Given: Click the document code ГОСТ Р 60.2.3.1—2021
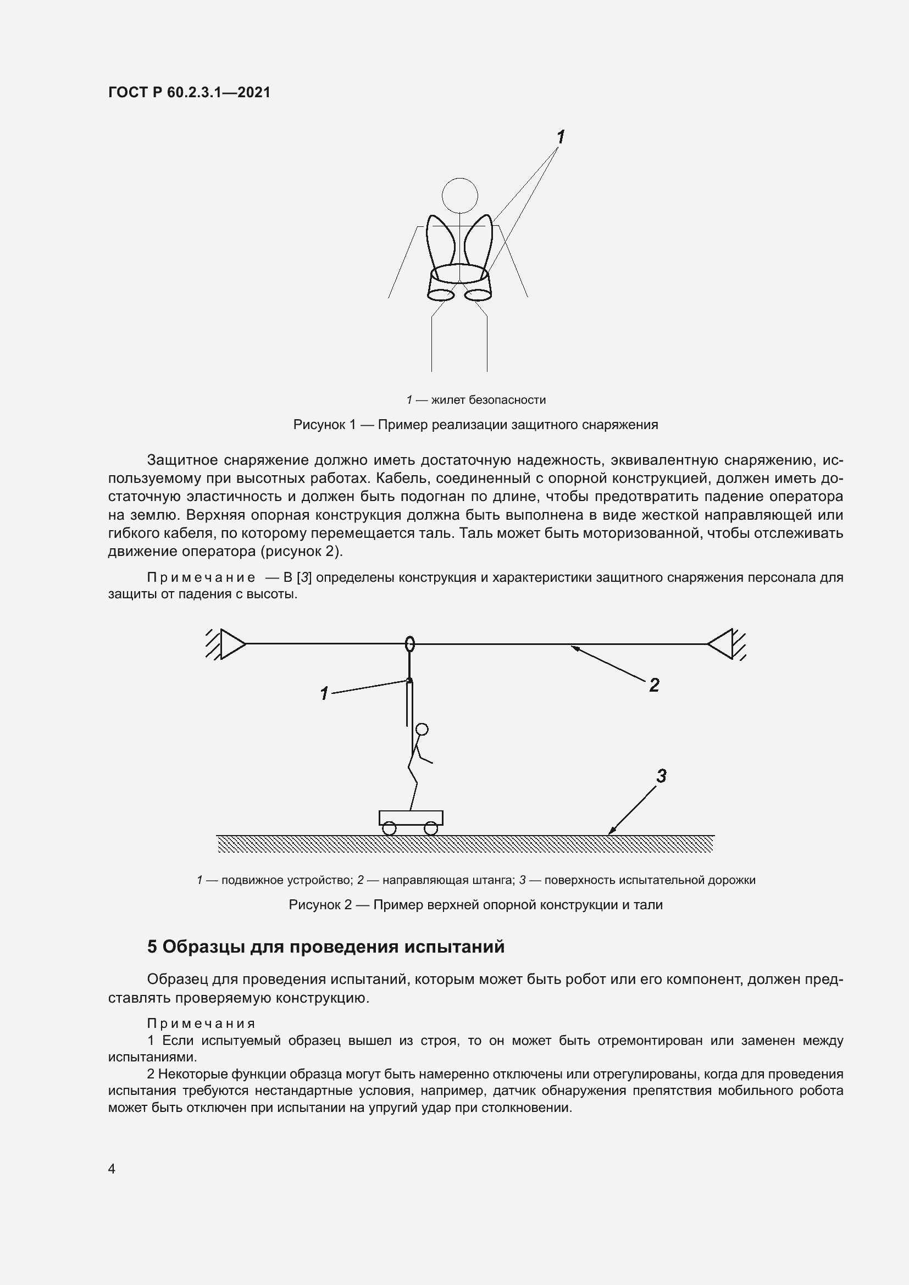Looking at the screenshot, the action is (189, 92).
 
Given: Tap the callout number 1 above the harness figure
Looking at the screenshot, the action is (560, 137).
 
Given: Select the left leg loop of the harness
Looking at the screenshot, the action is (441, 294).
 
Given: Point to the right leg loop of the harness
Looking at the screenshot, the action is (478, 294).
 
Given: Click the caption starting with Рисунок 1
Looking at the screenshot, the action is (475, 425).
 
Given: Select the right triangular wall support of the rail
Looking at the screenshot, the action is (722, 644).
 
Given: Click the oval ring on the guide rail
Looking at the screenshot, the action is (410, 644).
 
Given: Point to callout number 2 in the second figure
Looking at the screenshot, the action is (654, 685).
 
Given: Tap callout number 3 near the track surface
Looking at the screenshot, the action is (661, 776).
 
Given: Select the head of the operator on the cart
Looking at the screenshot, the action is (423, 729).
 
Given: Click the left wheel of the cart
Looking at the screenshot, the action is (390, 828).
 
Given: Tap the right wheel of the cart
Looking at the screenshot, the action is (430, 828).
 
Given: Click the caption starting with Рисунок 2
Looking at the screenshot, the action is (475, 905).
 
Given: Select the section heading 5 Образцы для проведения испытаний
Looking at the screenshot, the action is (326, 947).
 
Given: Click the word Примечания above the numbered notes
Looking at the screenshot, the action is (201, 1023).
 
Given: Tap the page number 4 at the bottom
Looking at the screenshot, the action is (112, 1169).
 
